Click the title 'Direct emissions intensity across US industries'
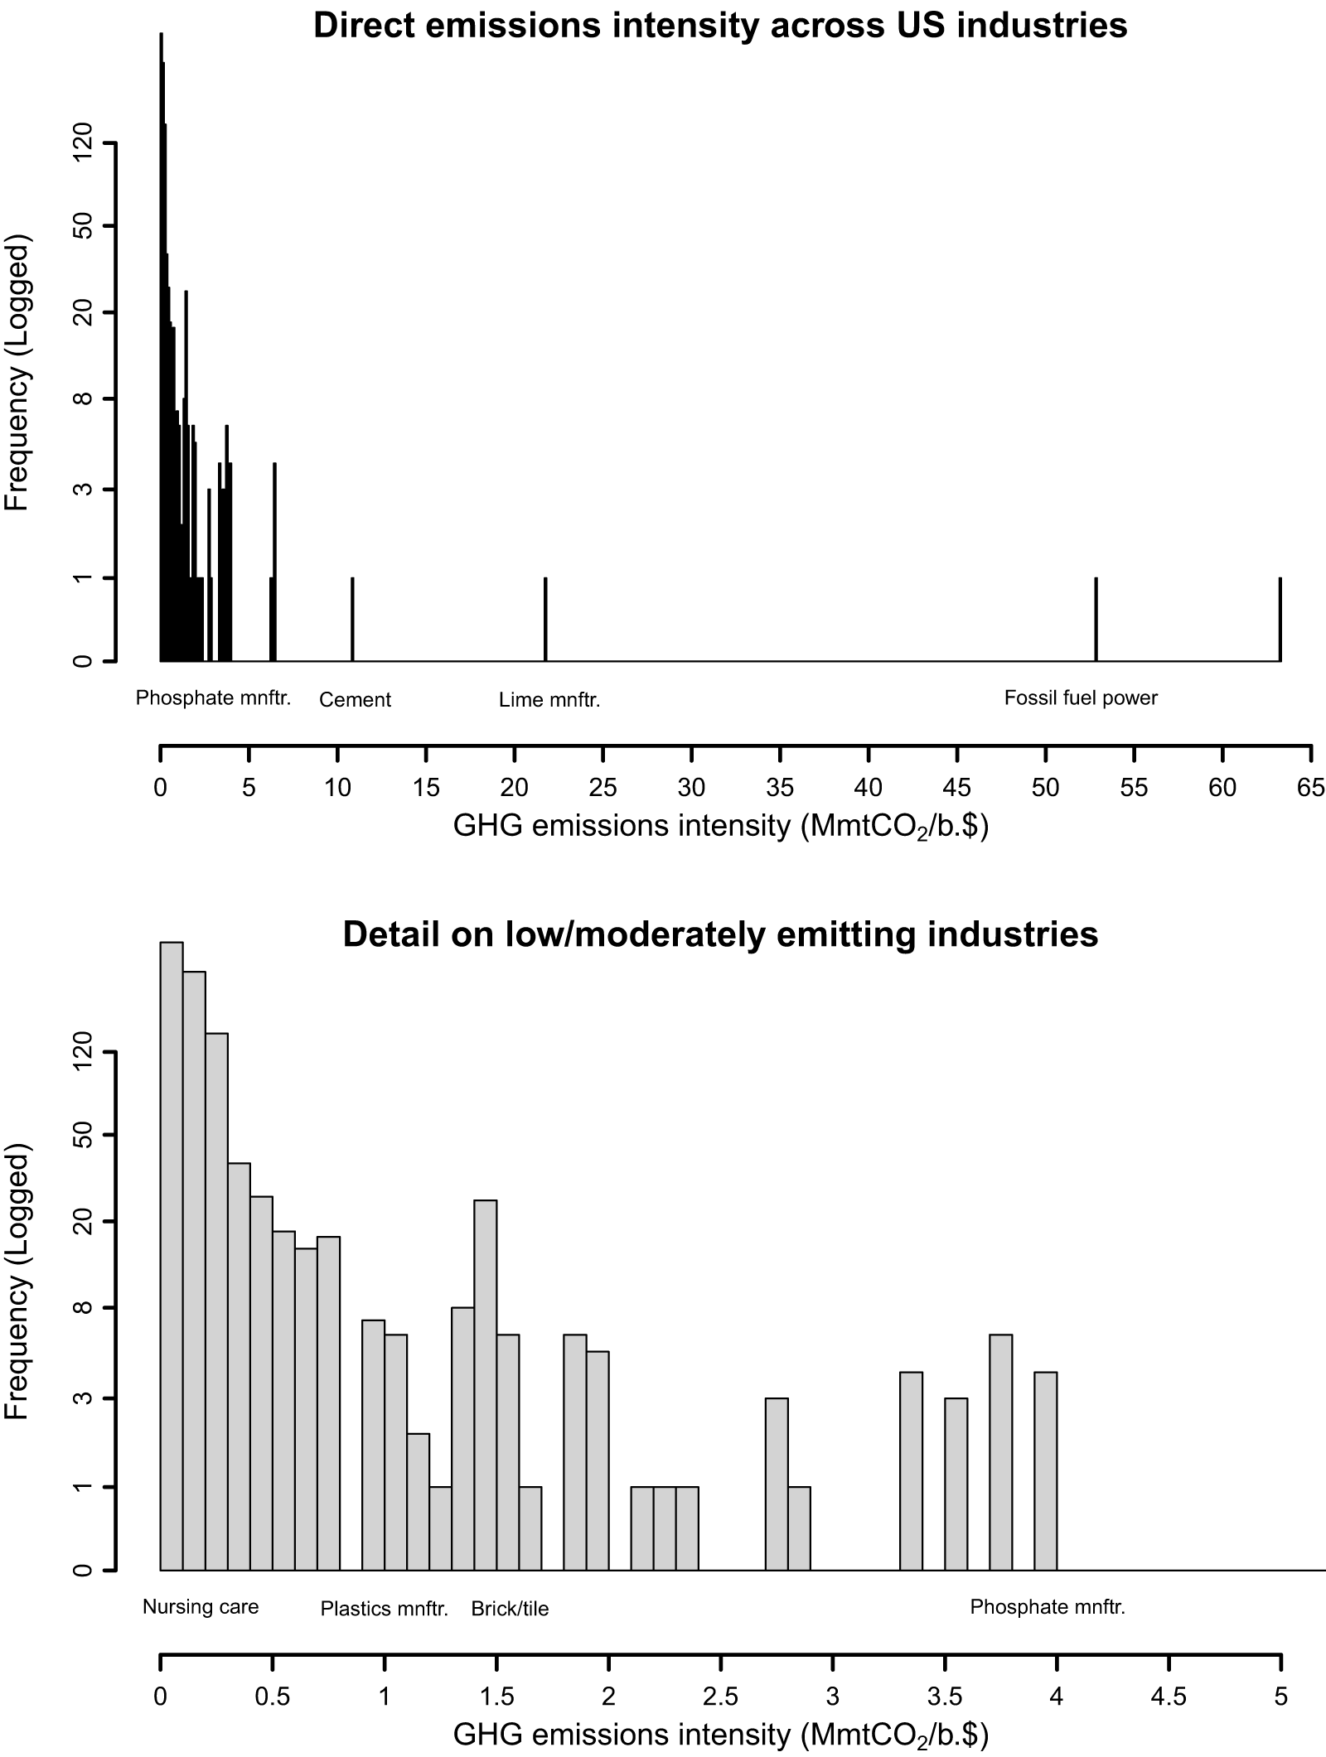click(x=720, y=26)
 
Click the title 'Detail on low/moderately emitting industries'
click(x=720, y=934)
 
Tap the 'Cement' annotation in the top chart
click(x=355, y=700)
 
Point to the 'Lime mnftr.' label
click(x=549, y=700)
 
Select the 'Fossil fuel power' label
click(x=1081, y=697)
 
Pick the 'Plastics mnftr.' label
click(x=385, y=1609)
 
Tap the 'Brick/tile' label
click(x=510, y=1609)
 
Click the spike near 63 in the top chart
click(x=1280, y=619)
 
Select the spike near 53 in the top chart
click(x=1096, y=619)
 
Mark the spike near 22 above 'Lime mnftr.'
click(x=545, y=619)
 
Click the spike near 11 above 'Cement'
click(x=352, y=619)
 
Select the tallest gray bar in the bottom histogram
click(x=172, y=1256)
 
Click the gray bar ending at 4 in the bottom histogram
click(x=1045, y=1471)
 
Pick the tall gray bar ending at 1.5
click(x=486, y=1385)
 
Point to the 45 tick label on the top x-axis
click(x=957, y=787)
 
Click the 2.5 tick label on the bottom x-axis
click(x=720, y=1695)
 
